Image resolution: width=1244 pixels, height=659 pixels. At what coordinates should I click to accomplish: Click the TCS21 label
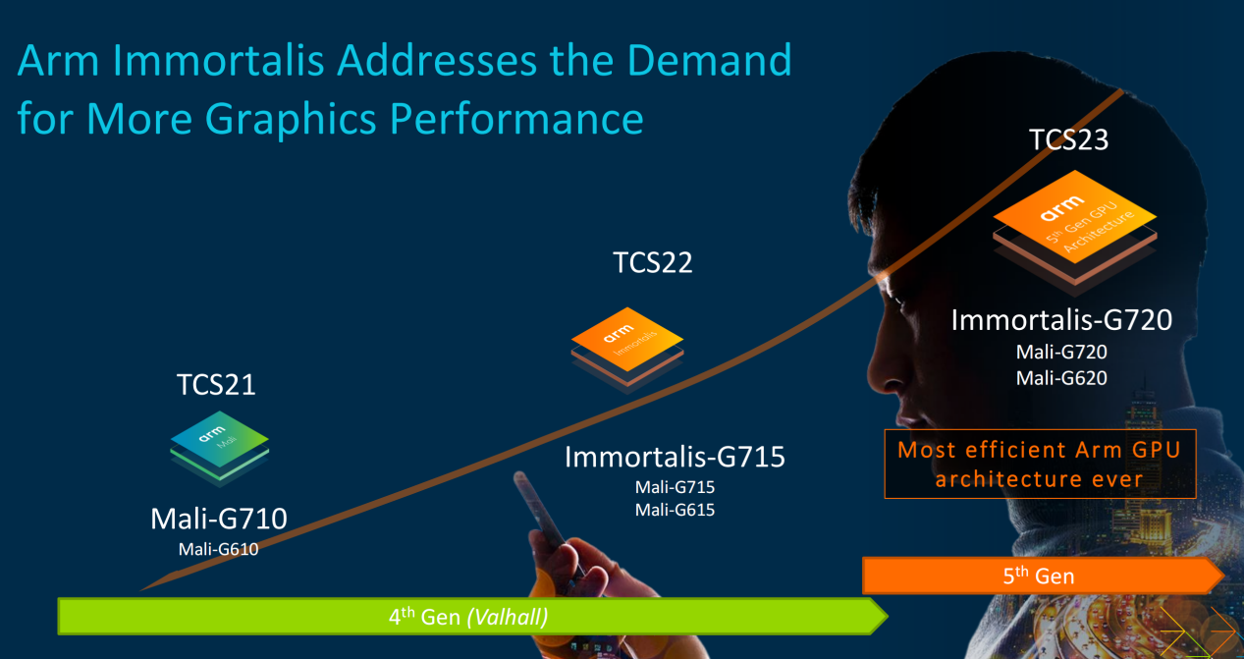216,385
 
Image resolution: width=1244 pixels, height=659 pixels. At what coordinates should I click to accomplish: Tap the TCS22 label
653,262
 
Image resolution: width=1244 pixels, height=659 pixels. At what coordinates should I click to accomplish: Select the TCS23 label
1068,139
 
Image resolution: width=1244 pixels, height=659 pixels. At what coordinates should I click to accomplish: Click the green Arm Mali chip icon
219,448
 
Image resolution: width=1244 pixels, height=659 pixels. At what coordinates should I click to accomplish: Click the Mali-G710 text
219,519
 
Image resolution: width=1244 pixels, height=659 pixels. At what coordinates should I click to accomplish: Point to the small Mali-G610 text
218,550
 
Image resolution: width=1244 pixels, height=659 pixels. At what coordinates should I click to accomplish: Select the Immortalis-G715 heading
675,458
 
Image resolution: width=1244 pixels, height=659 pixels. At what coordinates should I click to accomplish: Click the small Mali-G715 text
675,487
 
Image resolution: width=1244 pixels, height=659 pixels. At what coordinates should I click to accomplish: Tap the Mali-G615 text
675,510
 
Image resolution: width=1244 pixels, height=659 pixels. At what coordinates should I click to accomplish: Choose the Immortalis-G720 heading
1061,320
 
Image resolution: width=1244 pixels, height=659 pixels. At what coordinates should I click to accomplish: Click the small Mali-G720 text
1061,352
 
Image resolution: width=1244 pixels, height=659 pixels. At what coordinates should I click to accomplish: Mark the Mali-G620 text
1061,378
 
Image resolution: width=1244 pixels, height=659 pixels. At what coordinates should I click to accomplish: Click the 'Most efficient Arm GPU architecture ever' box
1040,464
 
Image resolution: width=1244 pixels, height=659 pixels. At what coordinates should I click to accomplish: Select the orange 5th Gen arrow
1043,576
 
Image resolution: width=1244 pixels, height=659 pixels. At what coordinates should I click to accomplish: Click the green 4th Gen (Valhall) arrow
472,617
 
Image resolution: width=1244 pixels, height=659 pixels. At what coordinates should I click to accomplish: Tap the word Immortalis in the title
218,60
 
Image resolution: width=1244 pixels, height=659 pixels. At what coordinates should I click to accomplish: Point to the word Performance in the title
516,119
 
